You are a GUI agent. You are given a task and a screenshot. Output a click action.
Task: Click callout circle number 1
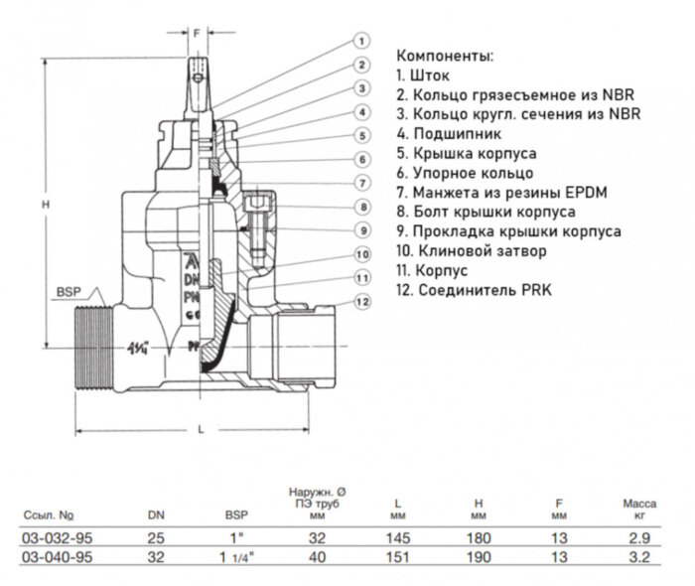click(x=361, y=41)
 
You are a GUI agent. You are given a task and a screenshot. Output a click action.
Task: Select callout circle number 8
click(x=362, y=207)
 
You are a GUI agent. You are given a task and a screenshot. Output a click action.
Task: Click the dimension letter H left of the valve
click(x=45, y=204)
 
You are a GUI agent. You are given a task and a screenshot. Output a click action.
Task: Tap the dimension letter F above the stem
click(x=197, y=33)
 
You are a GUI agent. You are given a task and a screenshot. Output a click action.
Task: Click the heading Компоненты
click(x=444, y=55)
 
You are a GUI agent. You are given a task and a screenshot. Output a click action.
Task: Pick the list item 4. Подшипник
click(x=448, y=133)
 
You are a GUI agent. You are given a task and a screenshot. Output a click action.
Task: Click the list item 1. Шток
click(x=425, y=74)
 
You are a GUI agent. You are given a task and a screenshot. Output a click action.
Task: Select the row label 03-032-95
click(x=49, y=537)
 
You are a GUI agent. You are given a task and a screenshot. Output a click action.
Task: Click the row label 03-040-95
click(x=49, y=556)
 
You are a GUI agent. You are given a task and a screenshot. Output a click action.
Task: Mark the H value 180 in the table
click(x=479, y=537)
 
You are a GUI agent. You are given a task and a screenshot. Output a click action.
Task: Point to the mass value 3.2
click(x=639, y=556)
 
